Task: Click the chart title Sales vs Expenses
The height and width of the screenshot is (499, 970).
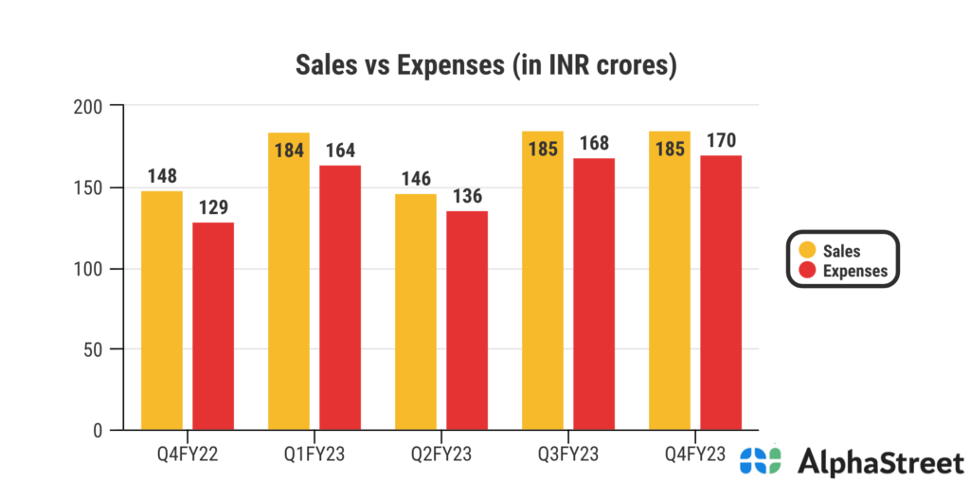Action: [x=485, y=66]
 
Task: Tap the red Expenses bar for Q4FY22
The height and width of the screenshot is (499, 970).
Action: [x=213, y=326]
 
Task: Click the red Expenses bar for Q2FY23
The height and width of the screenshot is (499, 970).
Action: [x=467, y=320]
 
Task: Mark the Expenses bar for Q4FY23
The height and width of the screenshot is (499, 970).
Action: [x=721, y=293]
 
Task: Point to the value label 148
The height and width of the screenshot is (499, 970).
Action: [x=162, y=177]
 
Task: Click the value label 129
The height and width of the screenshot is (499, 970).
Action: [x=213, y=208]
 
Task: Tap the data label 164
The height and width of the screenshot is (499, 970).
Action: [x=340, y=151]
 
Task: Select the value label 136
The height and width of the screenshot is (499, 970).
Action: [x=467, y=197]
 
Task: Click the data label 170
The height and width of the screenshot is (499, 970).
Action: [x=722, y=141]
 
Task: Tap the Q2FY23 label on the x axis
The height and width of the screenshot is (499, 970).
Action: [x=441, y=454]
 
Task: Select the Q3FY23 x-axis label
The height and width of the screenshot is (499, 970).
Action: [x=568, y=454]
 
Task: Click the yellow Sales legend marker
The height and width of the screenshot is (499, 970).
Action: [x=807, y=250]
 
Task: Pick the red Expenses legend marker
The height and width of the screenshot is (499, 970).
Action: [x=807, y=271]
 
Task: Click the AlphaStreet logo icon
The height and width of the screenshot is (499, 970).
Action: [x=761, y=462]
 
